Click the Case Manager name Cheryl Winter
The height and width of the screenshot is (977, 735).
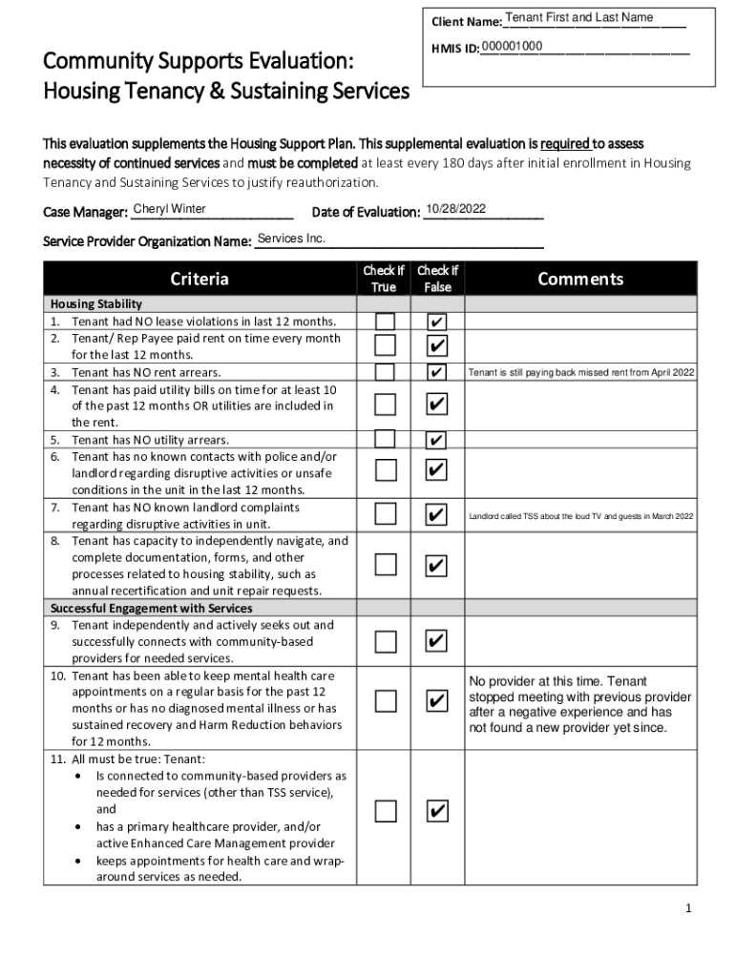tap(170, 210)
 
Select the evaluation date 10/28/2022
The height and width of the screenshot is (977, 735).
tap(456, 209)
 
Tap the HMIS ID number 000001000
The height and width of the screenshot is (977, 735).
tap(513, 48)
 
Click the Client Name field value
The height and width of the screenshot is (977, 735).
tap(579, 18)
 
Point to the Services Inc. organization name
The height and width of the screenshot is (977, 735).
tap(292, 238)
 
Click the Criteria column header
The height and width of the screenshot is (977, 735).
tap(199, 279)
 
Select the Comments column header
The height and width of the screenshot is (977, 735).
tap(580, 279)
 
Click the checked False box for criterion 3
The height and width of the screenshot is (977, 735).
tap(435, 371)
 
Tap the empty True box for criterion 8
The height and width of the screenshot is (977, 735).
tap(385, 565)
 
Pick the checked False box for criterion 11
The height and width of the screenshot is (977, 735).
tap(435, 811)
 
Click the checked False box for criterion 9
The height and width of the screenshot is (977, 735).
tap(435, 640)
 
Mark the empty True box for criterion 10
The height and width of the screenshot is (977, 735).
tap(385, 701)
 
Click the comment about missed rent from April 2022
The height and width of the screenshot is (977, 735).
tap(580, 372)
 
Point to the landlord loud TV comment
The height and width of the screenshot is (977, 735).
tap(580, 517)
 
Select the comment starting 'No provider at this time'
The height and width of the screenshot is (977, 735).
tap(579, 704)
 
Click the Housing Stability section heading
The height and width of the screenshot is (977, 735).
tap(95, 303)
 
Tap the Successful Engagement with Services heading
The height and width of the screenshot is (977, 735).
tap(151, 608)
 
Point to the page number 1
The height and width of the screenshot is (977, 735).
tap(687, 908)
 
